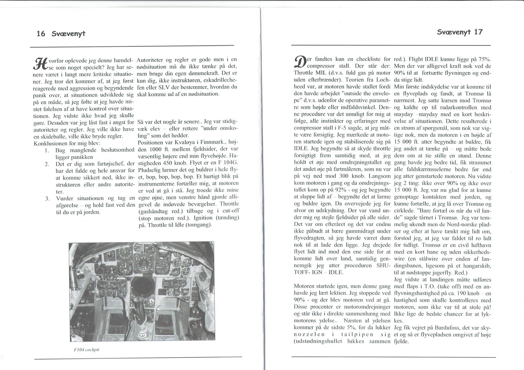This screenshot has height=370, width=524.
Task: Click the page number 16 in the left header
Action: [x=41, y=33]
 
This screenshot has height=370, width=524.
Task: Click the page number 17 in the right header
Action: [x=478, y=32]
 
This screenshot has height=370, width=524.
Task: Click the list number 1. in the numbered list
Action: [x=47, y=150]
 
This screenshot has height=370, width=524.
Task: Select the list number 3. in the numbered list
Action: [x=47, y=199]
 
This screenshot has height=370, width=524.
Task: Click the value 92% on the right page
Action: [x=338, y=190]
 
